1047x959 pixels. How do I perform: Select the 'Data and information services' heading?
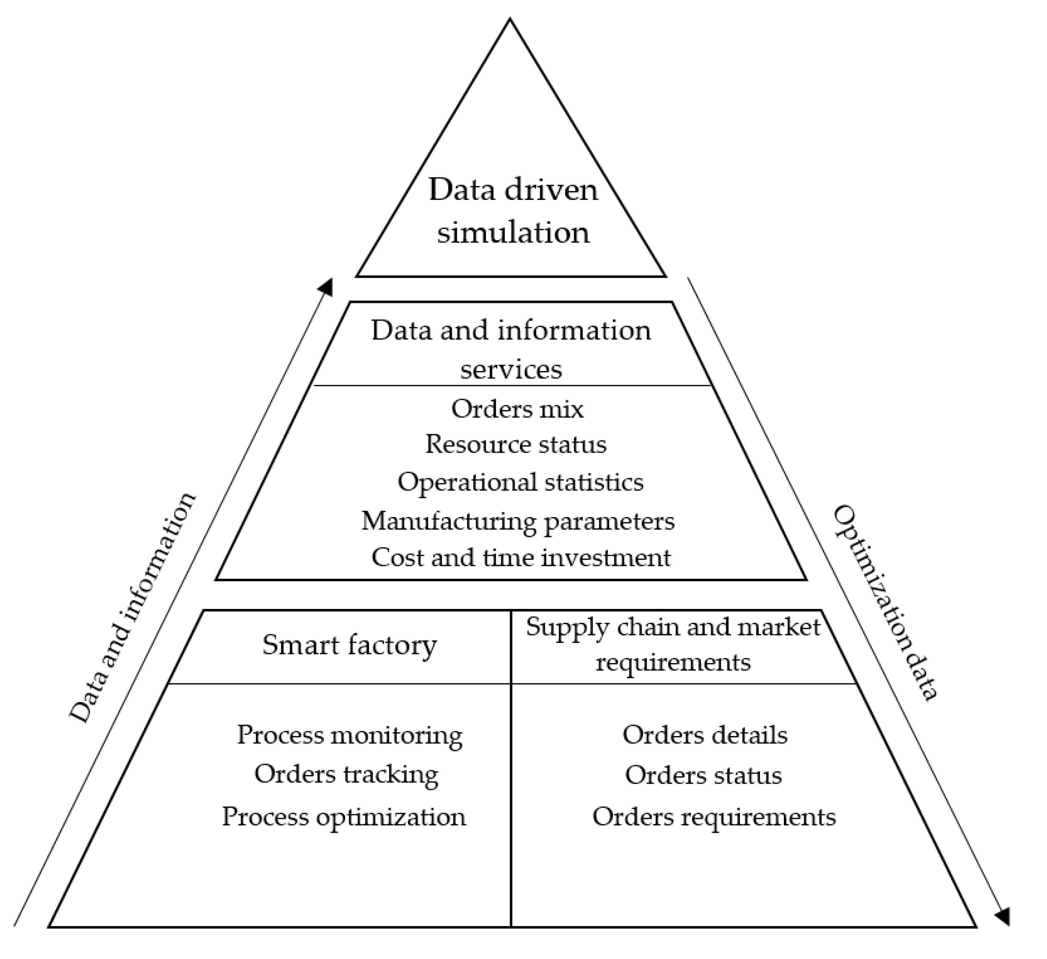511,349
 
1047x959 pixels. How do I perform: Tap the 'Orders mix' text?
517,409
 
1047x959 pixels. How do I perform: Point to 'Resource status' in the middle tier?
516,444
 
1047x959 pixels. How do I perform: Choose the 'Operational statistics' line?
520,482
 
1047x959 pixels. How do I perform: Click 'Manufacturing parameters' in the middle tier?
518,521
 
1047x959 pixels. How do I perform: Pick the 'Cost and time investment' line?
521,558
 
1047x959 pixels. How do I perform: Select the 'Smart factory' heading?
349,646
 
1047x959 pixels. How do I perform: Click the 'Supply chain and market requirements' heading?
673,645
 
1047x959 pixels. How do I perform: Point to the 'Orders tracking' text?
347,774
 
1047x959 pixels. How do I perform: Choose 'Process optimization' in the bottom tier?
344,817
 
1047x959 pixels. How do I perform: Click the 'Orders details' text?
705,735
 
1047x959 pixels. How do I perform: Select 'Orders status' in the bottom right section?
703,775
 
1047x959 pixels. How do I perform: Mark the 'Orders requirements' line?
714,817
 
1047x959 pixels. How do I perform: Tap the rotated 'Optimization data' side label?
885,603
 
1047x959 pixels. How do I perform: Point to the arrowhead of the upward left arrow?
326,287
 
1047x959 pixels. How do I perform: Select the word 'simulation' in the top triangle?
513,232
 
